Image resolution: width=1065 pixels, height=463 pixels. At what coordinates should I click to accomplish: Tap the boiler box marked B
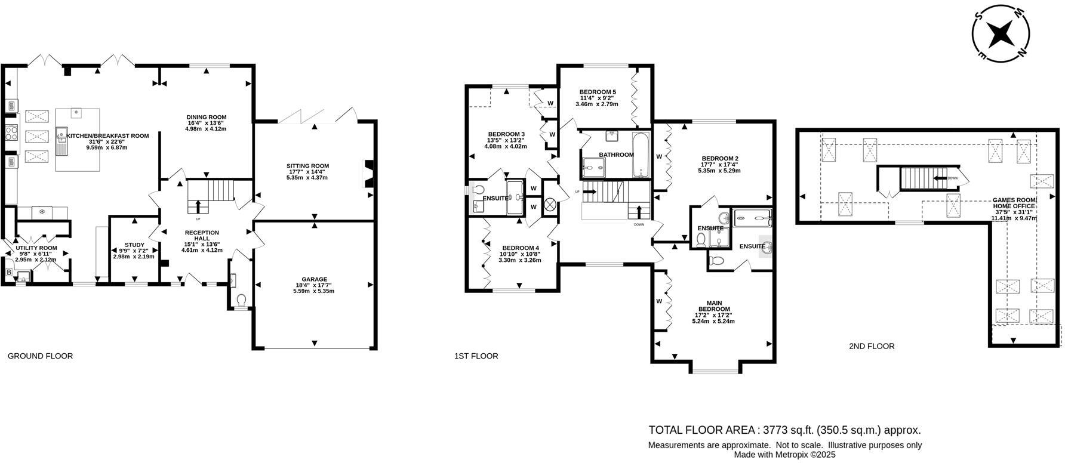tap(8, 273)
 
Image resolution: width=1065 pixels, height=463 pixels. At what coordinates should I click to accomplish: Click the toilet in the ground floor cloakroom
tap(241, 299)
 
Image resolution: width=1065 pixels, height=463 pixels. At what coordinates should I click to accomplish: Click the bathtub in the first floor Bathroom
tap(641, 155)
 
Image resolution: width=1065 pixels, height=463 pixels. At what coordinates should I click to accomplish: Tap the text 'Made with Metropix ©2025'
tap(785, 455)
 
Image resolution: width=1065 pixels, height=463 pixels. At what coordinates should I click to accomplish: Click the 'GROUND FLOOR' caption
tap(40, 356)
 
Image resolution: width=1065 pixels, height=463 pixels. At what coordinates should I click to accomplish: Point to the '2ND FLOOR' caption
tap(872, 346)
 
